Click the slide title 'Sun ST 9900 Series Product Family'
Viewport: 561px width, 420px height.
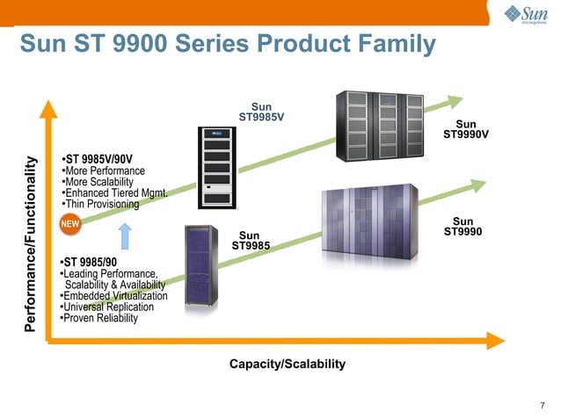(227, 43)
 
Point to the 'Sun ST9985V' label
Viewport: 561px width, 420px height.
(261, 112)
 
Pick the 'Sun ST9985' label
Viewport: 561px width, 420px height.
(250, 240)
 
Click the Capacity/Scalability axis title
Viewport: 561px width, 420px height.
(287, 364)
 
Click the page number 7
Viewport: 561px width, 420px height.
(542, 405)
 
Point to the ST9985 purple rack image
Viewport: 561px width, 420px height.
(201, 265)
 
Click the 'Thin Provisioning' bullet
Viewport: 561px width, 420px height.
(99, 205)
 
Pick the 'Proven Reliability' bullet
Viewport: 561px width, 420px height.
(98, 318)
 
